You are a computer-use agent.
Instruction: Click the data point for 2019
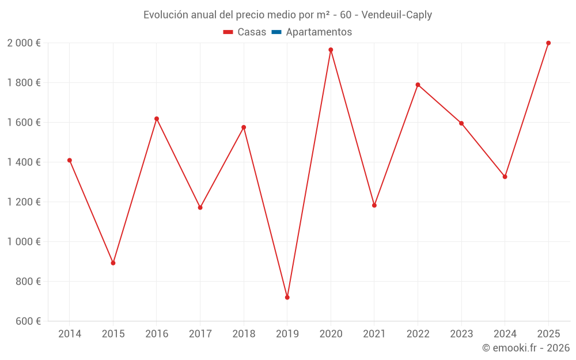[x=287, y=297]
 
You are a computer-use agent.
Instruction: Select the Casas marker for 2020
[x=331, y=50]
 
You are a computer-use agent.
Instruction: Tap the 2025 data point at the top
[x=548, y=43]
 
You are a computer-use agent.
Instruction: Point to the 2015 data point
[x=113, y=263]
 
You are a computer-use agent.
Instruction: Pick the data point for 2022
[x=418, y=85]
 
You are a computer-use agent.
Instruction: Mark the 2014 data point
[x=70, y=160]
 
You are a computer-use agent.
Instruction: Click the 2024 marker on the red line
[x=505, y=177]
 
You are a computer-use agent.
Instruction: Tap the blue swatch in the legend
[x=276, y=32]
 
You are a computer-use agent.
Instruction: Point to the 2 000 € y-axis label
[x=24, y=43]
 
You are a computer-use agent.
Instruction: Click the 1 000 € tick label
[x=24, y=242]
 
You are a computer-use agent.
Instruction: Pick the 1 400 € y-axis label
[x=24, y=162]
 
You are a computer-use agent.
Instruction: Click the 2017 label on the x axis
[x=200, y=334]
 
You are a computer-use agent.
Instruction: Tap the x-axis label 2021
[x=374, y=334]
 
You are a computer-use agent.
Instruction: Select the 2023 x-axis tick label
[x=461, y=334]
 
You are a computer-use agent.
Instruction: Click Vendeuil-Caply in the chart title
[x=396, y=15]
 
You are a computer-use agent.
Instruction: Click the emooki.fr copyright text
[x=525, y=348]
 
